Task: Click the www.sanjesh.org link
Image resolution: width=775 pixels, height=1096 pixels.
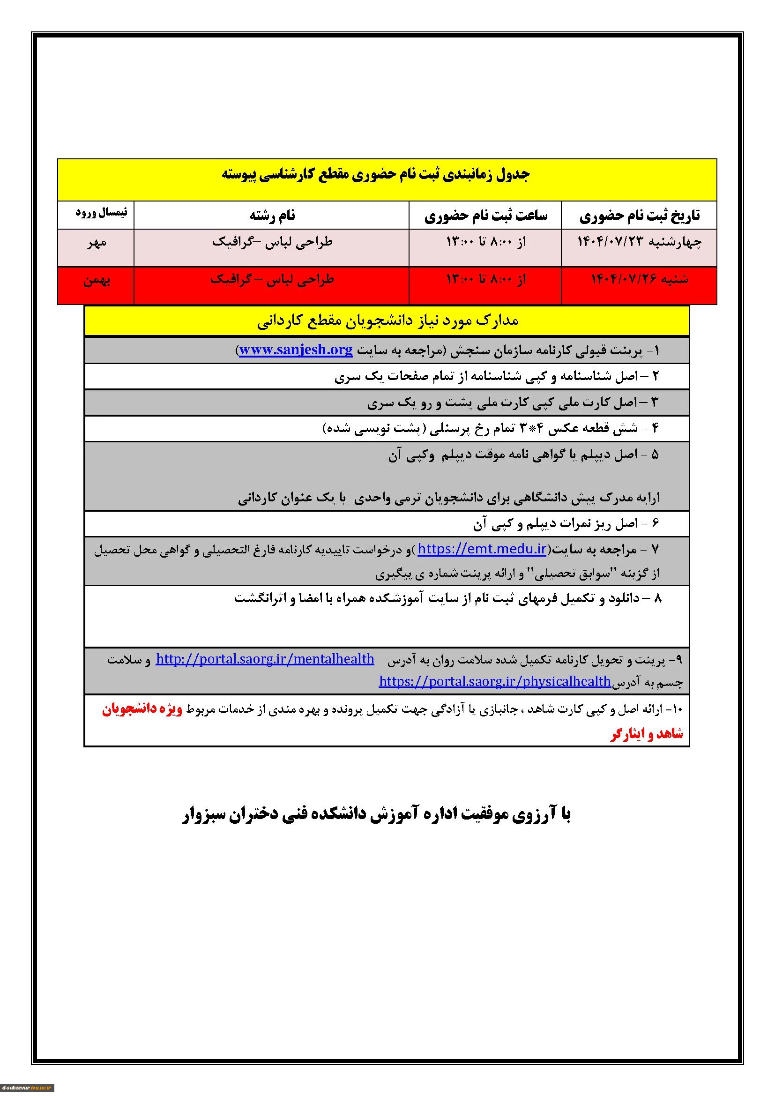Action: pyautogui.click(x=295, y=350)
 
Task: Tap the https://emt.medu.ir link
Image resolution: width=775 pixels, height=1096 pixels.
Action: pyautogui.click(x=482, y=550)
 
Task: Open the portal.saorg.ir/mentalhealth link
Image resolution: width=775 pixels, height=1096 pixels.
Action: pyautogui.click(x=265, y=659)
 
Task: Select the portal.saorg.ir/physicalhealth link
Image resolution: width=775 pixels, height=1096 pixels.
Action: pyautogui.click(x=494, y=681)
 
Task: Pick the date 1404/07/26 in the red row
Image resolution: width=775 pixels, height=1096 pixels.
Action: pyautogui.click(x=639, y=280)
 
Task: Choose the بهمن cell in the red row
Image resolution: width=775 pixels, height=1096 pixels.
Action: pyautogui.click(x=97, y=281)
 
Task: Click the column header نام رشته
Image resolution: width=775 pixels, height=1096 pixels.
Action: pyautogui.click(x=272, y=216)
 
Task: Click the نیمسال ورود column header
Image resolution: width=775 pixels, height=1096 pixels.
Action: pyautogui.click(x=101, y=213)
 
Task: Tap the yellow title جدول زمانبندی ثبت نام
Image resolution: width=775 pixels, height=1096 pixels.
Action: pyautogui.click(x=376, y=174)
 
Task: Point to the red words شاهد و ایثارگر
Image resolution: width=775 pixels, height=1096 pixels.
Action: pyautogui.click(x=646, y=734)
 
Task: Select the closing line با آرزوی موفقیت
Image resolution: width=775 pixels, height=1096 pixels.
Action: pyautogui.click(x=377, y=815)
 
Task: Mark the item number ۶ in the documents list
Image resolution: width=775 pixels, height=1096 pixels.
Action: pyautogui.click(x=654, y=524)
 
